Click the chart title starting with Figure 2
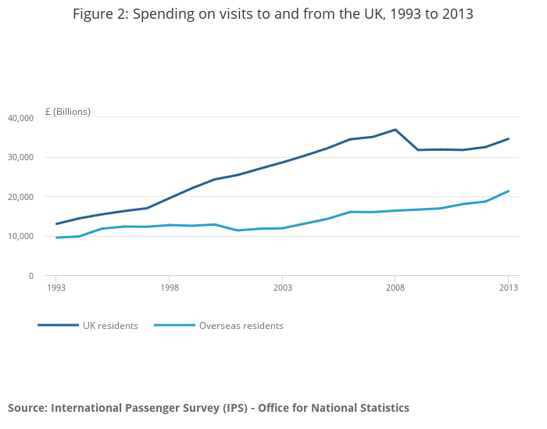pos(273,14)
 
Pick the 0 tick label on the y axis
pos(30,276)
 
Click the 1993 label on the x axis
pos(56,288)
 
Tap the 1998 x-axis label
pos(170,288)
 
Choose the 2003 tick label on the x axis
pos(282,288)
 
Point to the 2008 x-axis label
pos(395,288)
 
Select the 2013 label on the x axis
pos(509,288)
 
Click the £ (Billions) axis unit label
pos(68,112)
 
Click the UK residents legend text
pos(110,326)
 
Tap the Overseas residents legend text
pos(241,326)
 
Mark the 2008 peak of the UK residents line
pos(395,130)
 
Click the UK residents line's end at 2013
pos(509,139)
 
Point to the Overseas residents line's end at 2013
pos(509,191)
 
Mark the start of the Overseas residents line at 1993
pos(56,238)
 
